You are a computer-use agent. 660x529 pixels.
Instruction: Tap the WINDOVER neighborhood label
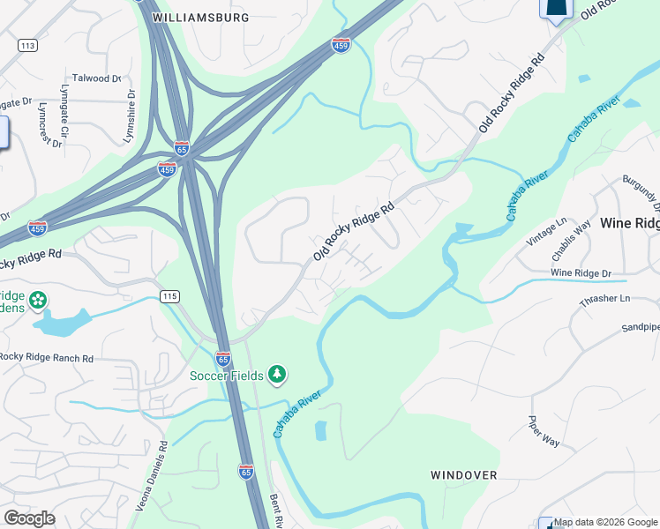[464, 474]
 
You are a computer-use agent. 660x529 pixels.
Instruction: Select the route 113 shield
[27, 45]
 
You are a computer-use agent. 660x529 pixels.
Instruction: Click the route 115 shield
[169, 295]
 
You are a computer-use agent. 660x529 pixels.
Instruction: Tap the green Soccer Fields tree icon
[278, 375]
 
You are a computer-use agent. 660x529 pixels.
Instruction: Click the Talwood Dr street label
[96, 78]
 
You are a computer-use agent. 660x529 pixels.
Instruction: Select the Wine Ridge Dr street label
[581, 273]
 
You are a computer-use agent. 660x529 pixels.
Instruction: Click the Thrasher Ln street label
[603, 300]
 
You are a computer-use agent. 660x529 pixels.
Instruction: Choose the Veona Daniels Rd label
[151, 477]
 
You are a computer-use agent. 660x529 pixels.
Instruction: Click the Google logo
[29, 518]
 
